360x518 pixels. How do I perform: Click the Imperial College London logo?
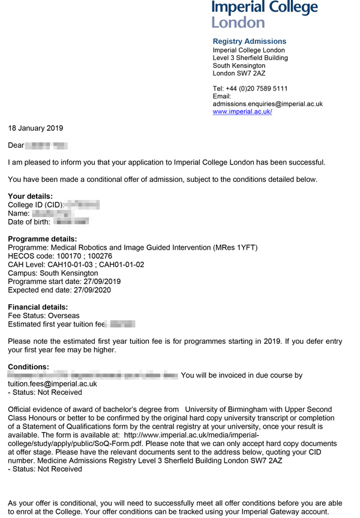tap(264, 14)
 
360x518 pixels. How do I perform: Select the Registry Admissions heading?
tap(250, 41)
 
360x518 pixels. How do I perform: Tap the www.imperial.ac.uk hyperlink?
tap(242, 112)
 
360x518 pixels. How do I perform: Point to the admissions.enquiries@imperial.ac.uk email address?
tap(268, 104)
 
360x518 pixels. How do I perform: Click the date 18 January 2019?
tap(35, 128)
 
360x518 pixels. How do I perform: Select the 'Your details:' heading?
tap(30, 196)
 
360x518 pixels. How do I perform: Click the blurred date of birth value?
tap(71, 222)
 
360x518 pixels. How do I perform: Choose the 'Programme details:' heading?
tap(42, 239)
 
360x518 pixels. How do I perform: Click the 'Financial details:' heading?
tap(38, 307)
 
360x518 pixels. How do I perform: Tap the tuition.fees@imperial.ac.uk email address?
tap(52, 384)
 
